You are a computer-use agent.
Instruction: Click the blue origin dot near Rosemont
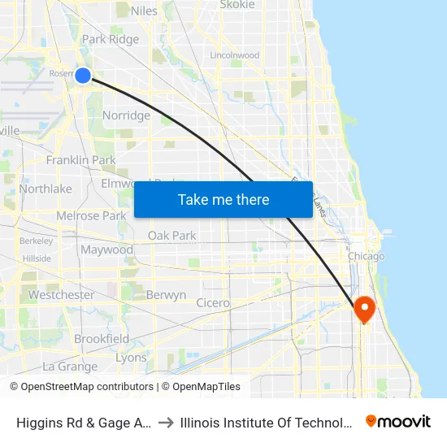click(x=83, y=76)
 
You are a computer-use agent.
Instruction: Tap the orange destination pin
click(x=363, y=308)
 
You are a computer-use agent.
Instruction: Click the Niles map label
click(x=144, y=11)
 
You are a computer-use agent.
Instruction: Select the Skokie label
click(x=237, y=5)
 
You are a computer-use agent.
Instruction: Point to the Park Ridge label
click(x=111, y=39)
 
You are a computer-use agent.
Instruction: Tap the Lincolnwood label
click(x=234, y=55)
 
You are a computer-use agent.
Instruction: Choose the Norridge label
click(x=126, y=115)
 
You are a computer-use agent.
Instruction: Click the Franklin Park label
click(x=80, y=160)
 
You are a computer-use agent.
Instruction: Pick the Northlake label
click(x=46, y=189)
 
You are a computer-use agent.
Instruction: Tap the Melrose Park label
click(x=91, y=215)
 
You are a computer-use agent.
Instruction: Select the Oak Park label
click(x=171, y=236)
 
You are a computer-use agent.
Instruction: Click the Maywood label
click(x=106, y=250)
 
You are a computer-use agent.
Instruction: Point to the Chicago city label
click(x=366, y=257)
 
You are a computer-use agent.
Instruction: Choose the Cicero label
click(x=213, y=303)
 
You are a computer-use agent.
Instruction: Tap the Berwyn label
click(x=166, y=295)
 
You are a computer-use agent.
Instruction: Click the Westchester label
click(x=61, y=295)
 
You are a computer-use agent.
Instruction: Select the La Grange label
click(x=70, y=367)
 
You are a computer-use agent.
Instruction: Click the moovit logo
click(x=398, y=421)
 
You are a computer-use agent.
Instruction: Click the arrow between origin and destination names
click(x=165, y=421)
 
